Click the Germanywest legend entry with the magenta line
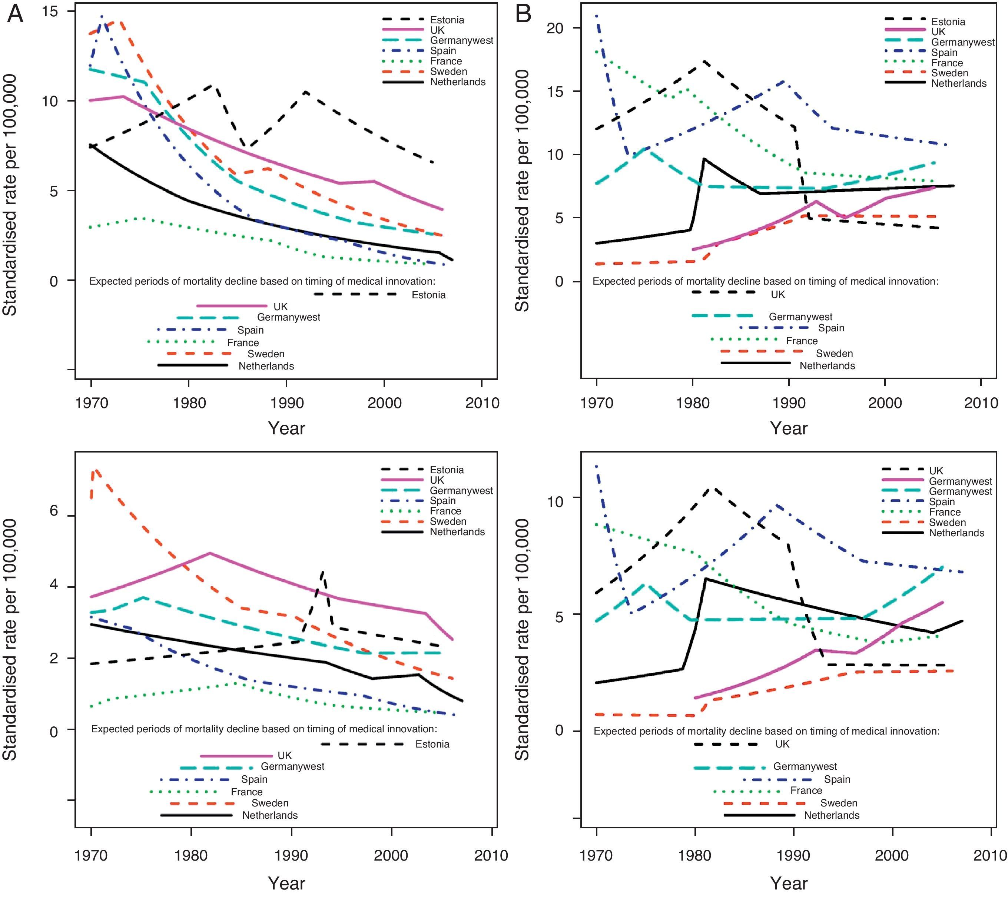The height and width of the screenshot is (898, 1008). pos(960,481)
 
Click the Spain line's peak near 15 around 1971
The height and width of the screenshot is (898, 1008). pos(101,16)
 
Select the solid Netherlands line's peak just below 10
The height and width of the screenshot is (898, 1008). pos(704,159)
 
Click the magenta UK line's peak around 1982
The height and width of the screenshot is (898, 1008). pos(210,553)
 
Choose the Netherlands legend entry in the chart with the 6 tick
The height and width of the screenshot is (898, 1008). pos(457,532)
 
